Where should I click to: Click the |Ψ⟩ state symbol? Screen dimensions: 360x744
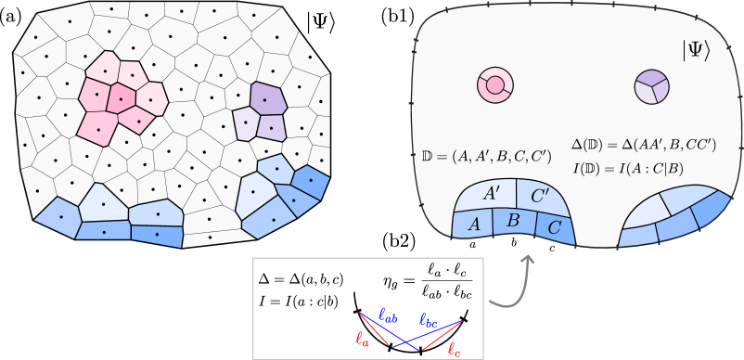click(696, 51)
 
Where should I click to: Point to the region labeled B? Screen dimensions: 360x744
click(512, 221)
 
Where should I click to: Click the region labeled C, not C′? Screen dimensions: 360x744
click(555, 225)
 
